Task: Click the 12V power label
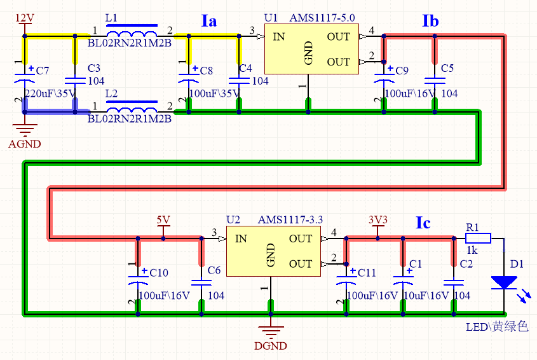click(24, 17)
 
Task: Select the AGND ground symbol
click(25, 134)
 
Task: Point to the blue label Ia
click(209, 22)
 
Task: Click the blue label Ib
click(430, 22)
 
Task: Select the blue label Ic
click(423, 223)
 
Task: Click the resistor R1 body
click(478, 239)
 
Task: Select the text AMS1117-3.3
click(290, 219)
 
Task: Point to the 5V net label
click(163, 220)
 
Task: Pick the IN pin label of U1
click(279, 37)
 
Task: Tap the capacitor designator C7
click(43, 70)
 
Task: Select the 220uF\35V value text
click(50, 93)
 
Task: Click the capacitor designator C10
click(159, 272)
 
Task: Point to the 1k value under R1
click(472, 251)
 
